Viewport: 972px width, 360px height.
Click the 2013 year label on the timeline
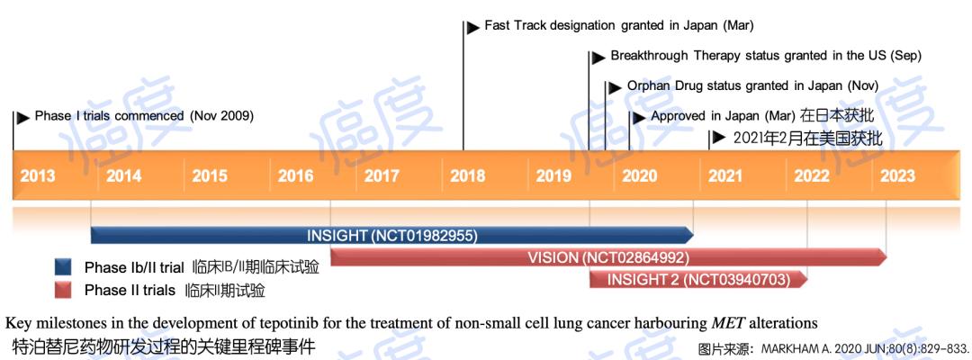tap(37, 175)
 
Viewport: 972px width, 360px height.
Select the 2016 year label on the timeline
tap(296, 175)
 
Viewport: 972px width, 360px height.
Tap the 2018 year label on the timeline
tap(468, 175)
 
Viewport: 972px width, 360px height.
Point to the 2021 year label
tap(725, 175)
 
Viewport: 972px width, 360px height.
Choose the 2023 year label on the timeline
tap(897, 175)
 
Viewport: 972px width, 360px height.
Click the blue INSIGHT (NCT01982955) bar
tap(392, 236)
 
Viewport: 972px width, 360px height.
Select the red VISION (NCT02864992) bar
tap(608, 257)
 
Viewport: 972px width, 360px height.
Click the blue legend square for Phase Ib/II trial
tap(63, 267)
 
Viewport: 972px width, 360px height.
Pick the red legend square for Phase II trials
tap(63, 290)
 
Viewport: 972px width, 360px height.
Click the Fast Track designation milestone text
tap(619, 26)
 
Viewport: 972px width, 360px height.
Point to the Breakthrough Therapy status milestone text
tap(766, 56)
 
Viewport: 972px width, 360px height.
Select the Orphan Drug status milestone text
tap(752, 86)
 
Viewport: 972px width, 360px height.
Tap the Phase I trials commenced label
tap(144, 116)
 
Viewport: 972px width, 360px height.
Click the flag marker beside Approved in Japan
tap(639, 117)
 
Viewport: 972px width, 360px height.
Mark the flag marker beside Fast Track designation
tap(473, 27)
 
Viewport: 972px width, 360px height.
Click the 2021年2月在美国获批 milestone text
tap(807, 139)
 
